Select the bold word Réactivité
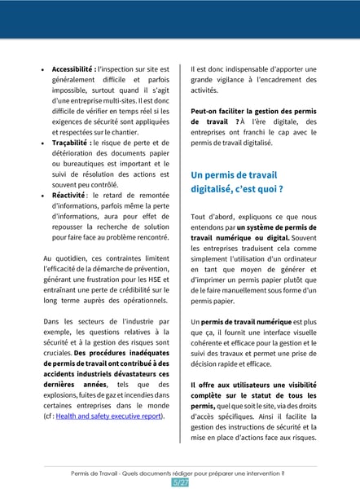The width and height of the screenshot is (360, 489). [68, 196]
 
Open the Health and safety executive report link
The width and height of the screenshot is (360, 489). [108, 416]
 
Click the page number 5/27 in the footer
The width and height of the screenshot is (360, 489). [180, 482]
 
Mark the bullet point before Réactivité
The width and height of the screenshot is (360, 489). [43, 196]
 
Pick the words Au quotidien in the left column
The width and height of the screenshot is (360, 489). [66, 258]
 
